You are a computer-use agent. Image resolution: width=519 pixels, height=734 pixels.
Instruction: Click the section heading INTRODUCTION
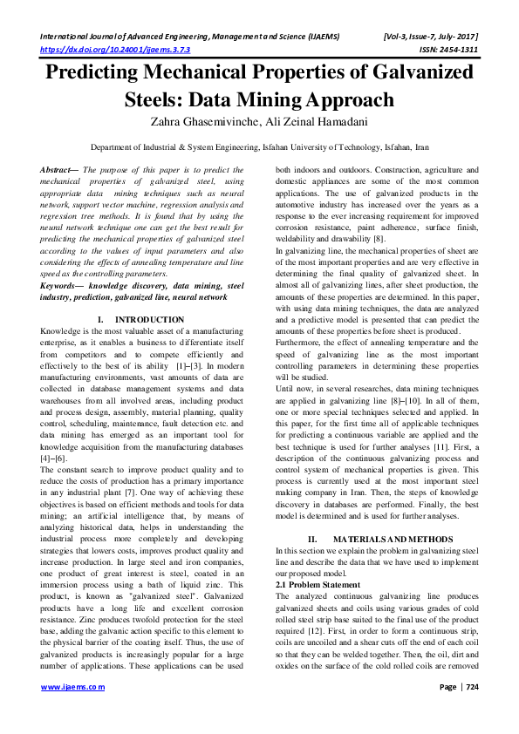149,320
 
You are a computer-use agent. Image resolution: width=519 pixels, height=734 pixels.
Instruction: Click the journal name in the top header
182,37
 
